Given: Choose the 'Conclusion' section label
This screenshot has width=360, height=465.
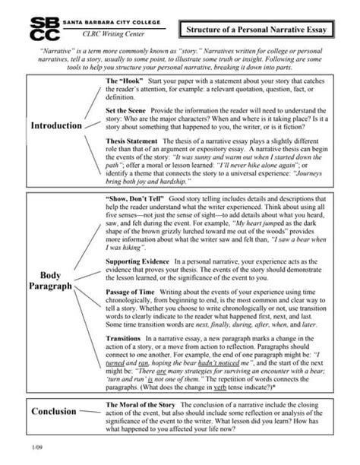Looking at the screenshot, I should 54,411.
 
